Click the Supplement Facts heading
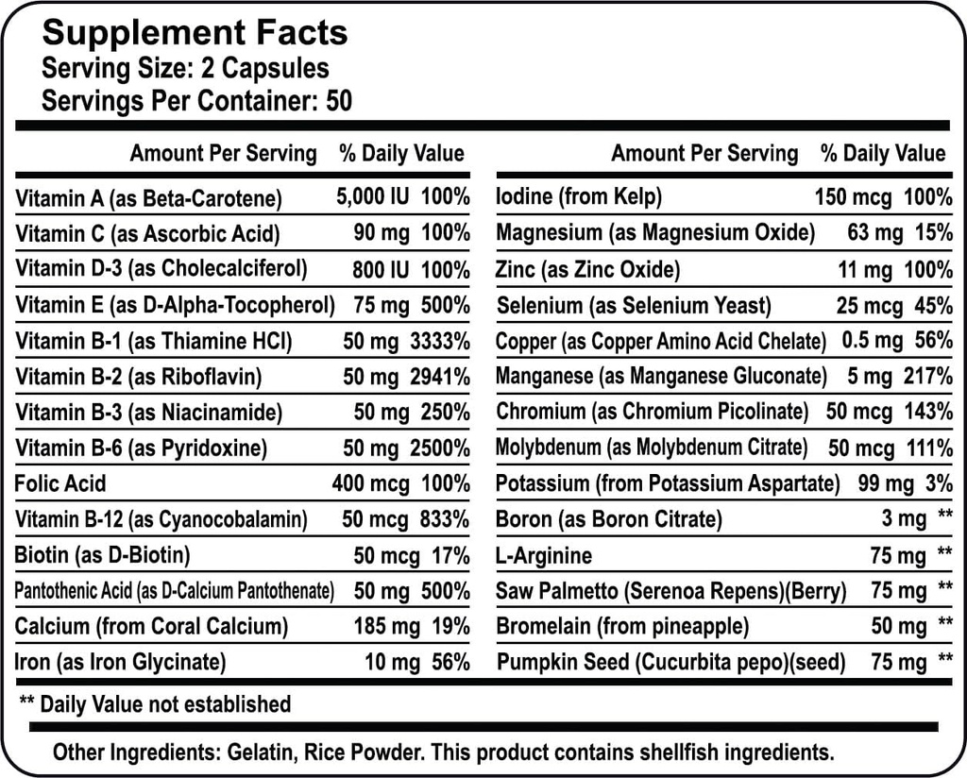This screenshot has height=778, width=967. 195,33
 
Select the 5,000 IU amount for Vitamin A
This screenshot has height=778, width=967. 373,197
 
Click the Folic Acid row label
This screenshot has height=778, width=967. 60,484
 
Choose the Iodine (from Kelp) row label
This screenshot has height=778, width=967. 579,197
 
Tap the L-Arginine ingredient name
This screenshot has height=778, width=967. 544,555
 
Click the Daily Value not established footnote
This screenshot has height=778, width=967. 155,703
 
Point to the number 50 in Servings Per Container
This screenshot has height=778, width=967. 338,101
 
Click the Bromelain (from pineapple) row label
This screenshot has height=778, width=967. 622,626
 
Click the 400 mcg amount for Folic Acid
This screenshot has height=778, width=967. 370,484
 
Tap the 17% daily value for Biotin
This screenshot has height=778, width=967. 450,555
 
